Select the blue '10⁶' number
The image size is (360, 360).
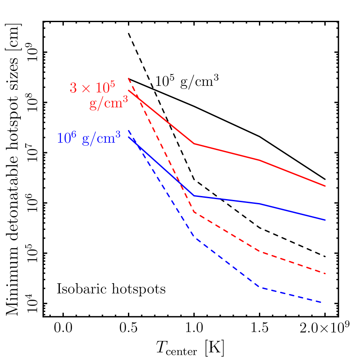pos(66,138)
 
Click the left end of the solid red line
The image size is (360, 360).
pos(129,91)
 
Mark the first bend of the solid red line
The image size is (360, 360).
pos(194,144)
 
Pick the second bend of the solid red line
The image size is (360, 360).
pos(260,160)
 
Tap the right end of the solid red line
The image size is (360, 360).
pos(325,187)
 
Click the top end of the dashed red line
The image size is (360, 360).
pos(128,78)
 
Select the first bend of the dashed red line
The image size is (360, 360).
pos(194,212)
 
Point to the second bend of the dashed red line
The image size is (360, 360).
pos(259,251)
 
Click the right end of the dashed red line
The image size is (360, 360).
pos(325,274)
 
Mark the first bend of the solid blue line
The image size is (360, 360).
pos(194,196)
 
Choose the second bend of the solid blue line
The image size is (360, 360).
pos(260,204)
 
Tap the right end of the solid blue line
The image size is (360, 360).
pos(325,220)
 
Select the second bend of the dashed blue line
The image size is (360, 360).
pos(259,287)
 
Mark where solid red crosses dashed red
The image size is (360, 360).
pos(137,98)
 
